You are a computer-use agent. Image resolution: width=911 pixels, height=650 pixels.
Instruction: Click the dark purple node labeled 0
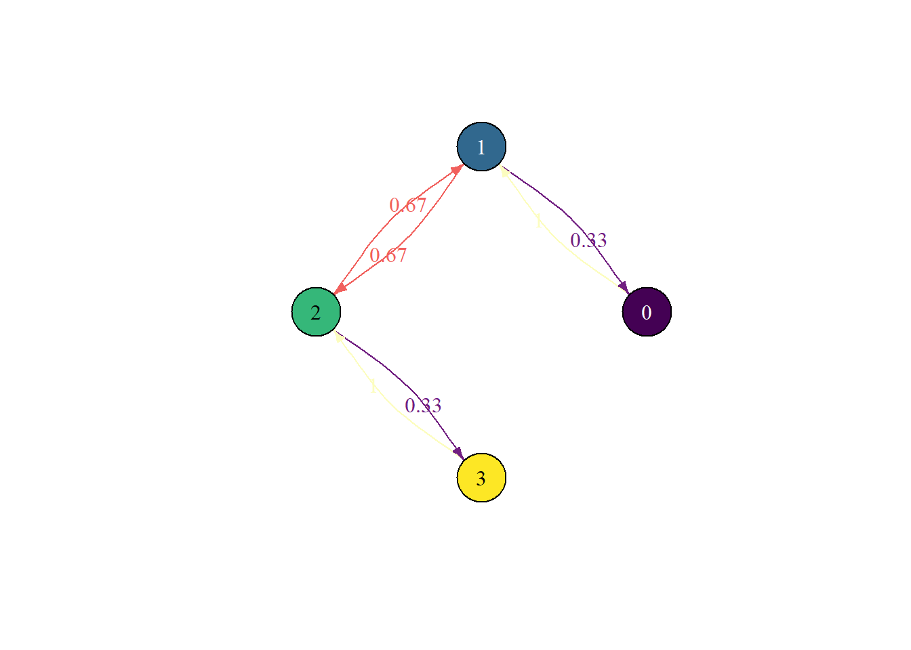(647, 311)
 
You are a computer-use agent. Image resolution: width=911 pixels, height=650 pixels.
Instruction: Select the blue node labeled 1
(481, 146)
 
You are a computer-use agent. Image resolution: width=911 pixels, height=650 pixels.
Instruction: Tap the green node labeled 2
(316, 311)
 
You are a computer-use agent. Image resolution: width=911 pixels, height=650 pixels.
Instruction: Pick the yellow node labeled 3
(481, 477)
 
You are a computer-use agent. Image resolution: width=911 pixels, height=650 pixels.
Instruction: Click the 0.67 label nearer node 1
(408, 204)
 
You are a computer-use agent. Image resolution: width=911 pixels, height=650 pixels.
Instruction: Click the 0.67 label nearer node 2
(388, 255)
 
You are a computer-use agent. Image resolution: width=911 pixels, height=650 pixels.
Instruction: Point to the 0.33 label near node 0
(588, 240)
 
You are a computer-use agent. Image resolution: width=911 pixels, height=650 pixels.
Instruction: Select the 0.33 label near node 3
(423, 405)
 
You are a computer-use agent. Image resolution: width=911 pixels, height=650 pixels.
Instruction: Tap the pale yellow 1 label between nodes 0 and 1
(538, 221)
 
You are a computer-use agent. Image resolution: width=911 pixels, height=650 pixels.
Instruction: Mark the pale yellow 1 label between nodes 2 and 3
(373, 387)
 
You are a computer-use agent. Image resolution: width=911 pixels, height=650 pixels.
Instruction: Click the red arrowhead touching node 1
(457, 169)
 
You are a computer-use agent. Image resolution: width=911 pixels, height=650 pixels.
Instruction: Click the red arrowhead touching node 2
(340, 289)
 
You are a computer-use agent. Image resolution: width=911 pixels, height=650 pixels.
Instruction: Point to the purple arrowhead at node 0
(624, 287)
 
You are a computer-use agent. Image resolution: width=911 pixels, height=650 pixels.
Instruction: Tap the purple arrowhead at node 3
(458, 452)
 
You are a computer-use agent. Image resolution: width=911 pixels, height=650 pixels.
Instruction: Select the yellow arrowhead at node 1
(504, 171)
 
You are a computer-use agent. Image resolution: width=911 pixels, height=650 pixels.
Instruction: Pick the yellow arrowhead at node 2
(339, 337)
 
